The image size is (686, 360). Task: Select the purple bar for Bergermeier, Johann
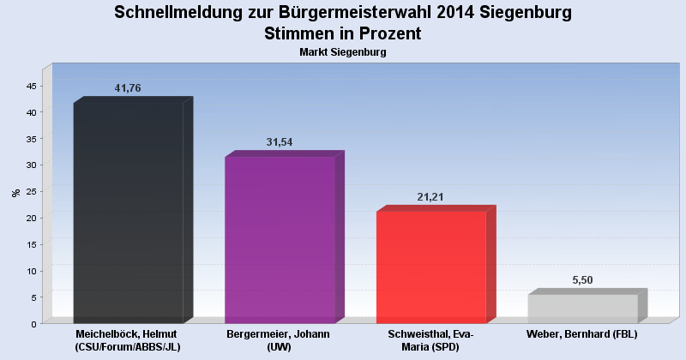point(280,239)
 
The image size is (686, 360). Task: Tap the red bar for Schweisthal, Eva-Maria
point(431,267)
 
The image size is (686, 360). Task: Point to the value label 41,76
point(128,88)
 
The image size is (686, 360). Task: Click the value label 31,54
point(280,142)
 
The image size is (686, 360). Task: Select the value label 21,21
point(431,197)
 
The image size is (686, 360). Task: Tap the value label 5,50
point(583,280)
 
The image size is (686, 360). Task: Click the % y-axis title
point(16,193)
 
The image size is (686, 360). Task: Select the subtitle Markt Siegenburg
point(343,52)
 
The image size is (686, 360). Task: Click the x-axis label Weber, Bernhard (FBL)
point(582,333)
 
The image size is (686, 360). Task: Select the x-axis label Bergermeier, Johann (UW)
point(279,339)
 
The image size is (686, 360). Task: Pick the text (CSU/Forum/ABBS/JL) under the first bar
point(128,346)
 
